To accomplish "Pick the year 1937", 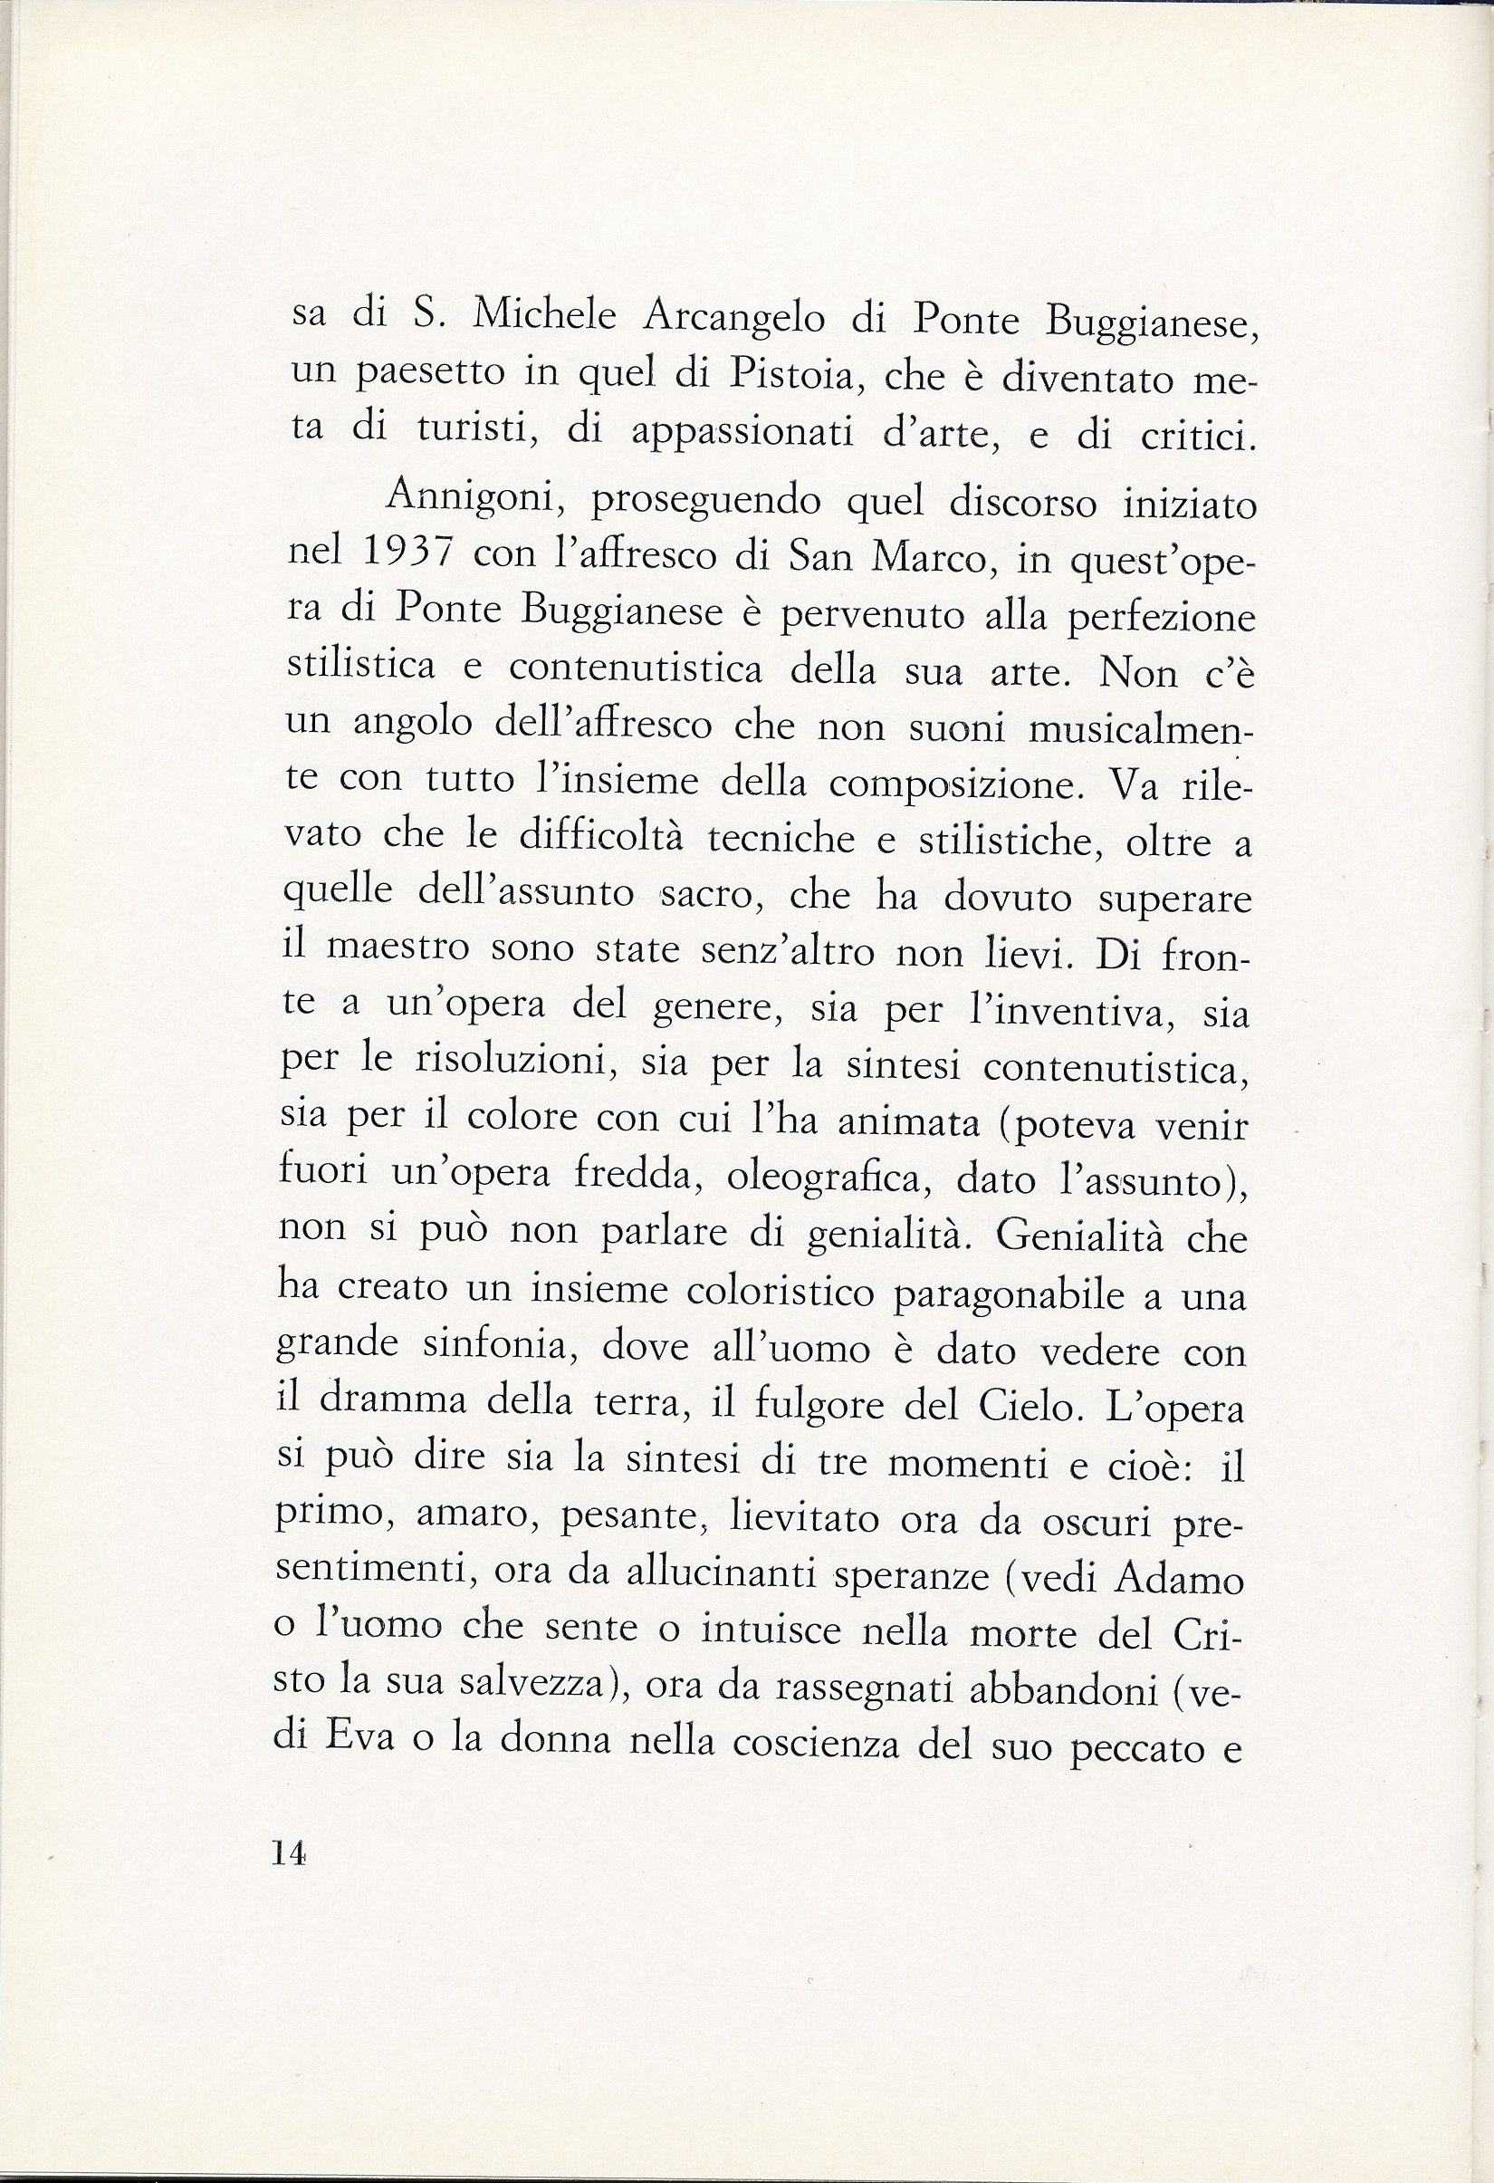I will (407, 553).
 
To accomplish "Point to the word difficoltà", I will (602, 836).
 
